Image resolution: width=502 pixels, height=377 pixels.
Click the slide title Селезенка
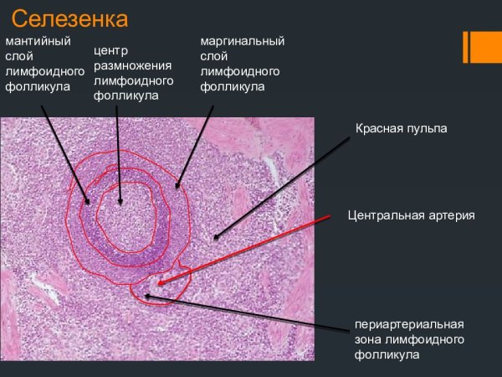[69, 18]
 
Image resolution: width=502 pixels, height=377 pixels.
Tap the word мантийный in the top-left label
[38, 41]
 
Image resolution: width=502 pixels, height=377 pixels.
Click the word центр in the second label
[110, 51]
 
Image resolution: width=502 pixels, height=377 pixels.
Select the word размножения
[133, 66]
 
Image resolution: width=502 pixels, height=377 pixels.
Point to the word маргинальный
[243, 41]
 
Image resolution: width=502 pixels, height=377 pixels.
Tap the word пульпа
[427, 128]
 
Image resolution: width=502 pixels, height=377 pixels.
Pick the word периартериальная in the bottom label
[408, 324]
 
